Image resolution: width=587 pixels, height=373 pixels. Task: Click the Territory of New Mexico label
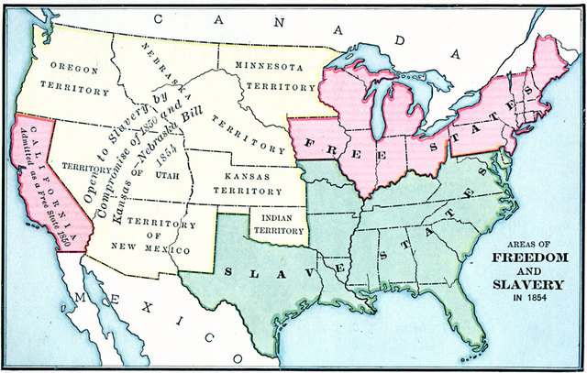click(x=158, y=236)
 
